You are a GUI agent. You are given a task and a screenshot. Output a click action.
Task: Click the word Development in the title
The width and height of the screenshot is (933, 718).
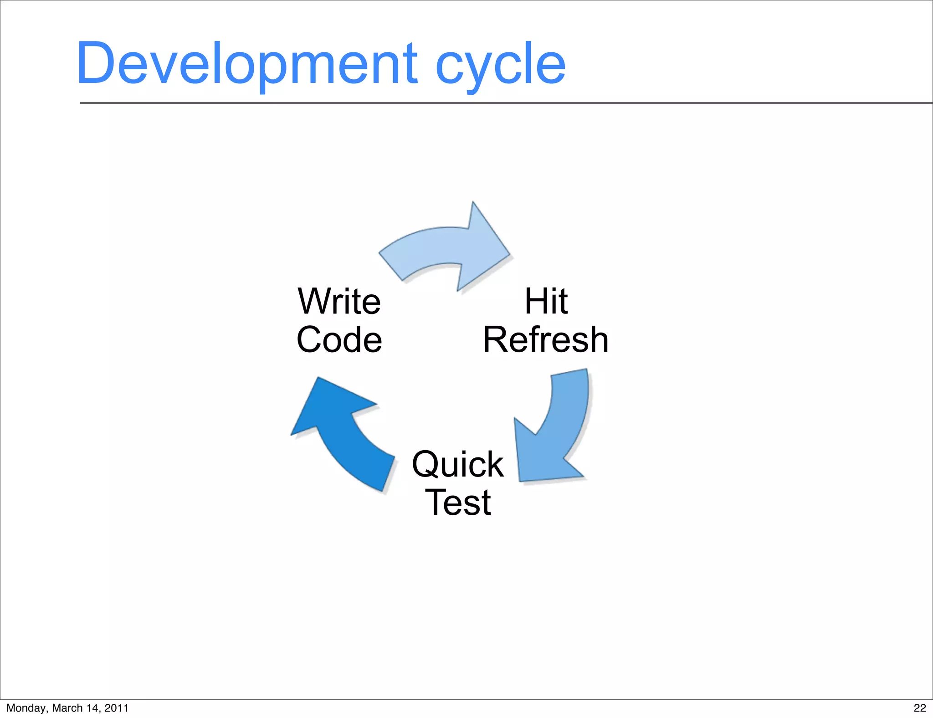[246, 64]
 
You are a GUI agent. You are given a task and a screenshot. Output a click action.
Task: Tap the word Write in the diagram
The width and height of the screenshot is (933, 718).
[339, 302]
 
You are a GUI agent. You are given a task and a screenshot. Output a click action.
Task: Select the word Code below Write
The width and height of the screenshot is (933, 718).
[339, 340]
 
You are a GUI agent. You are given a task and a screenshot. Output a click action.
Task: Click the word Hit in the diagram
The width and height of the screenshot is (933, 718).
[546, 302]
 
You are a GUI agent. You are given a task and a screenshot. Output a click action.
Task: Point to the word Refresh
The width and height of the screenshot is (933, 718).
[546, 340]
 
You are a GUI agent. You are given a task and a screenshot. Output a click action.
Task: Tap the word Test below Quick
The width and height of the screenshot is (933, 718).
[458, 503]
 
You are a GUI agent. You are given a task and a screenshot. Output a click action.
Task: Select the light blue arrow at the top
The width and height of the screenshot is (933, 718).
[437, 248]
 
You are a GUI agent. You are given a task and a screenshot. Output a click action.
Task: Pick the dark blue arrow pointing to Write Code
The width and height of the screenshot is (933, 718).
[346, 433]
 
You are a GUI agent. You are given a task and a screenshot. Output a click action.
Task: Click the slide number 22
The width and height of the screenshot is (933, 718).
[920, 708]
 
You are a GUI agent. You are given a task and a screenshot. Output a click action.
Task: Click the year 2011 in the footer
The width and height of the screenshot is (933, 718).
[117, 708]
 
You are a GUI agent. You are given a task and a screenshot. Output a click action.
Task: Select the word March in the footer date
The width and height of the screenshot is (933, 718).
[67, 708]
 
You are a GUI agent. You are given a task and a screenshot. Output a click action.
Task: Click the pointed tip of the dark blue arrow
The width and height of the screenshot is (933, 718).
[318, 378]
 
